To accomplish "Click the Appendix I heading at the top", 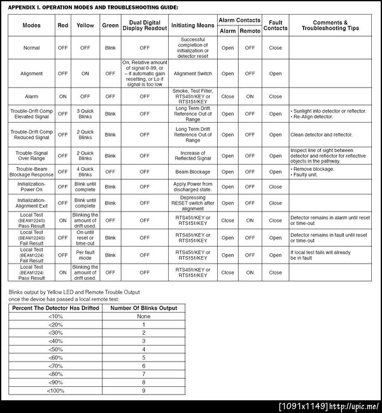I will click(93, 7).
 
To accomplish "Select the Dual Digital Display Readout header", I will click(145, 25).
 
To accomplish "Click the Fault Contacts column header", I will click(275, 25).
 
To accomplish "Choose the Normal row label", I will click(31, 48).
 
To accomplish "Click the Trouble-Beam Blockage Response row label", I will click(31, 172).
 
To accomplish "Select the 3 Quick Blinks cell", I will click(85, 114).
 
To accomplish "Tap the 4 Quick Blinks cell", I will click(85, 172).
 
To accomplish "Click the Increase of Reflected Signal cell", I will click(193, 156).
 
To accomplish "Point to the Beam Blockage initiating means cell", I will click(193, 172).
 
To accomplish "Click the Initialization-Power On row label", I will click(31, 187).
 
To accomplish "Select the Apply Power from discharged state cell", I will click(193, 187).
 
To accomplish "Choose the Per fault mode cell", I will click(85, 255).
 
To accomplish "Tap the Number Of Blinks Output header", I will click(144, 308).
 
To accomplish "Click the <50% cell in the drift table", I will click(56, 349).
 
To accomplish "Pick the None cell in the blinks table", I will click(144, 316).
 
